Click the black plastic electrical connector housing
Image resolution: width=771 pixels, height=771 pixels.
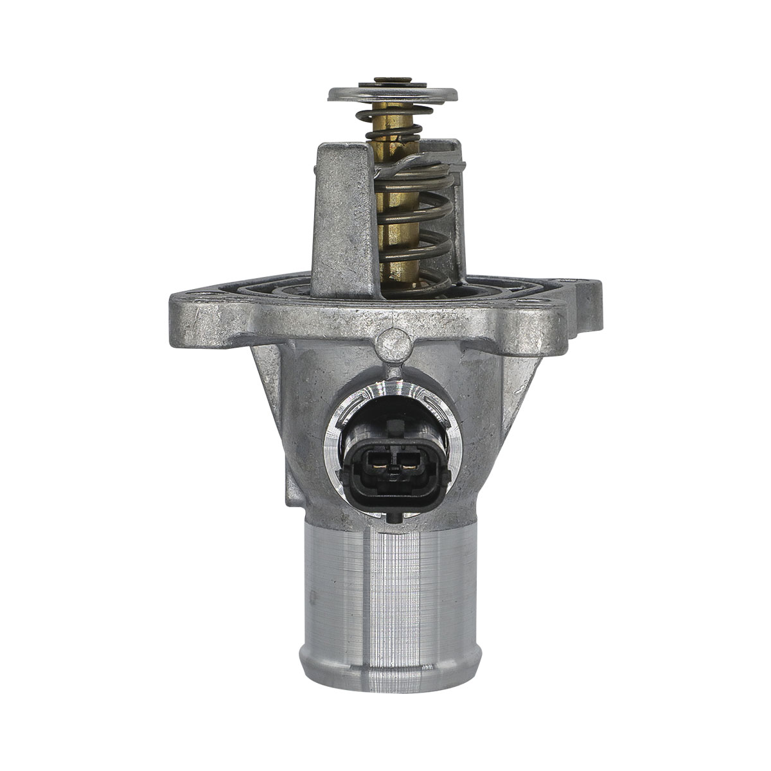[392, 488]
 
